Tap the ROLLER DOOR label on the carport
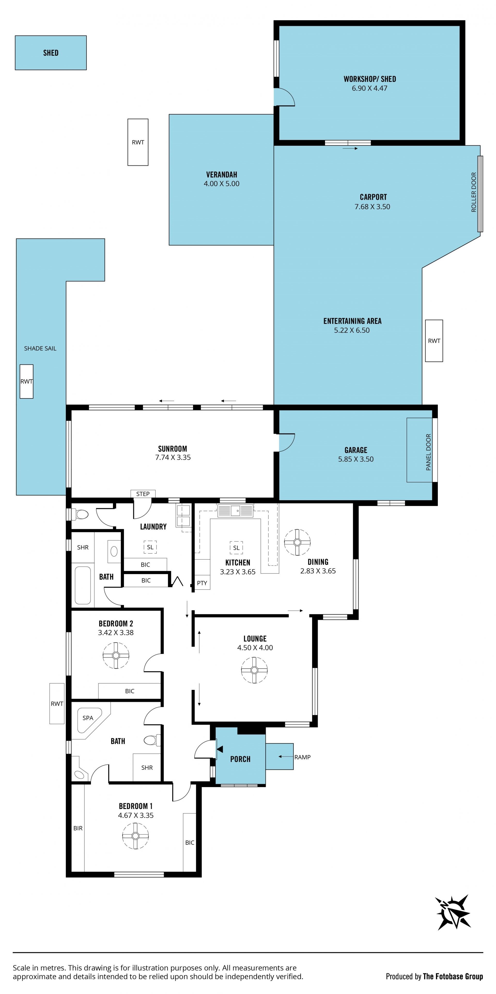pyautogui.click(x=474, y=192)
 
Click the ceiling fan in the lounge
pyautogui.click(x=254, y=670)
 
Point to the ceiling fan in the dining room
pyautogui.click(x=297, y=542)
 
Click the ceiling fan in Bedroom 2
pyautogui.click(x=116, y=655)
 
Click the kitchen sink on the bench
pyautogui.click(x=235, y=511)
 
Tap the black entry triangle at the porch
pyautogui.click(x=220, y=749)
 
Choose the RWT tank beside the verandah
pyautogui.click(x=138, y=142)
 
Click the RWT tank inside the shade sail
pyautogui.click(x=27, y=381)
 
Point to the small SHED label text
pyautogui.click(x=51, y=53)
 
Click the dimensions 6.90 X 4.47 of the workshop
pyautogui.click(x=369, y=88)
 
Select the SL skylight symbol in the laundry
pyautogui.click(x=150, y=547)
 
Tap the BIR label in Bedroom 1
pyautogui.click(x=78, y=828)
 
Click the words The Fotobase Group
pyautogui.click(x=453, y=976)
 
